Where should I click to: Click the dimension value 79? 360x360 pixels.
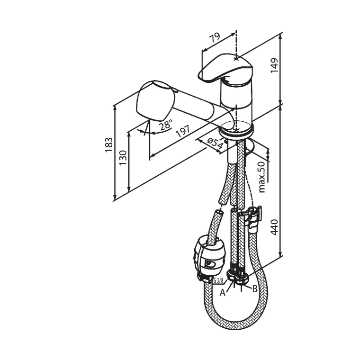[x=216, y=37]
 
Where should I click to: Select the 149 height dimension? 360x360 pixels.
[x=274, y=65]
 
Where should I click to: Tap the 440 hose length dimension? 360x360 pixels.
[x=274, y=227]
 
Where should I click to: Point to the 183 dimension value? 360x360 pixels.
[x=108, y=144]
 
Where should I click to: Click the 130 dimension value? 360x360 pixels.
[x=123, y=157]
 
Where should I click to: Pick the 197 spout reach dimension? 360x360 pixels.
[x=183, y=131]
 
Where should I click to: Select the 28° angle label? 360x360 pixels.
[x=166, y=125]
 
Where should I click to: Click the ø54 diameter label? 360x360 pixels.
[x=215, y=144]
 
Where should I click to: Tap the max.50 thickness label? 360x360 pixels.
[x=262, y=177]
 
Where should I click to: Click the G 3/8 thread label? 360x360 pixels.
[x=218, y=280]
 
